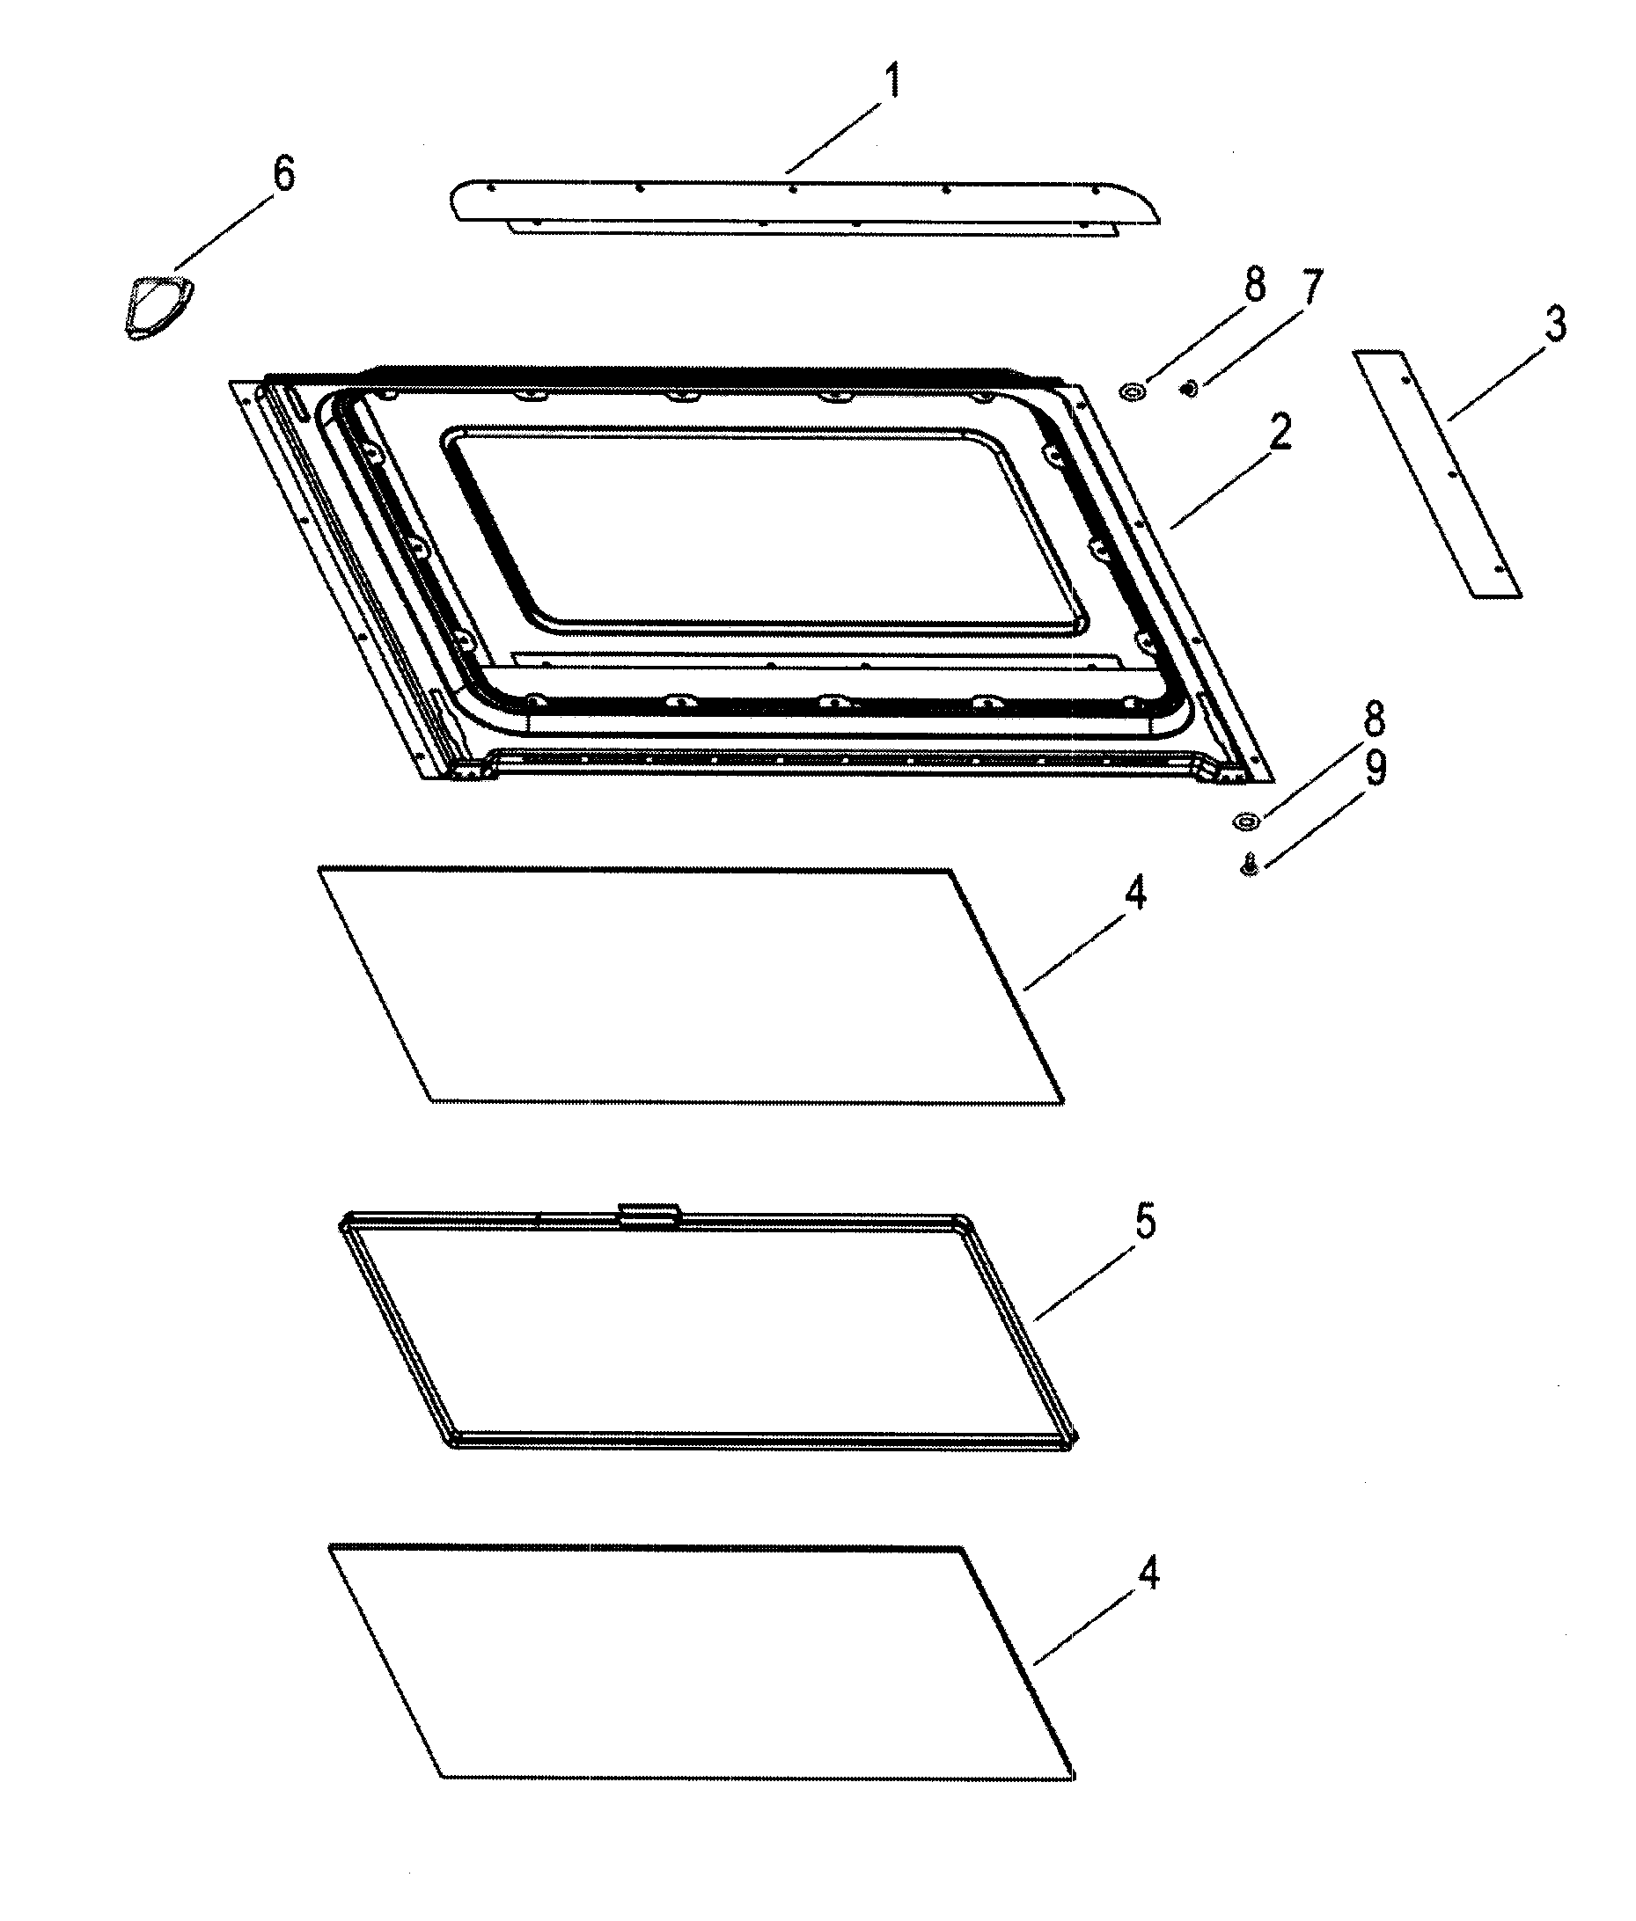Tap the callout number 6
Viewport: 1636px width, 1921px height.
(283, 173)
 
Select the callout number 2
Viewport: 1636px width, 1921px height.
(1280, 432)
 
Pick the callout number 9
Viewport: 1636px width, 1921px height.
(1375, 768)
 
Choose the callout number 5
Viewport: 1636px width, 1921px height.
(1146, 1223)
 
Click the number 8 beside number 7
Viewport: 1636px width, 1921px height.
(1254, 285)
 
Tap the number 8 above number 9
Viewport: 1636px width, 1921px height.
(1374, 719)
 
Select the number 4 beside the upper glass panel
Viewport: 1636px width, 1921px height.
(1134, 893)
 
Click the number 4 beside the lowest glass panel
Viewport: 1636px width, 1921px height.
(1148, 1574)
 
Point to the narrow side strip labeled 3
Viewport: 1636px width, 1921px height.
(1437, 475)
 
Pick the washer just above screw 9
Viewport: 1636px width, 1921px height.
(1245, 821)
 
